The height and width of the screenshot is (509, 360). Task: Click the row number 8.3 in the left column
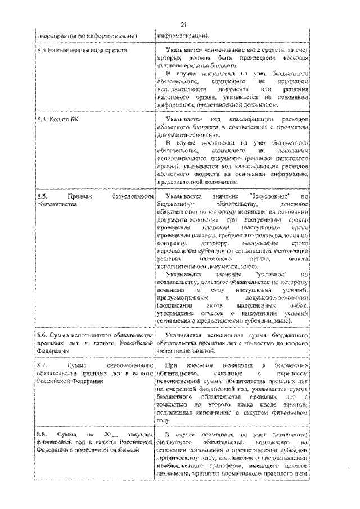pos(42,51)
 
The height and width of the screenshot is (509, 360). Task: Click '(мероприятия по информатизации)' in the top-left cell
pos(87,35)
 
